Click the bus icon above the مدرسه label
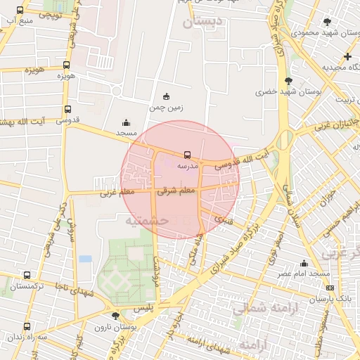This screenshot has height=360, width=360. (x=186, y=154)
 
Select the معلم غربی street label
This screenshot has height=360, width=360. (x=117, y=191)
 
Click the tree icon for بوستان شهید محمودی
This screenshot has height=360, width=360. (x=327, y=22)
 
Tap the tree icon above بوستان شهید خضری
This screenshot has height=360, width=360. (x=288, y=81)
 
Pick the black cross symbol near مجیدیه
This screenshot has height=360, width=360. (x=347, y=56)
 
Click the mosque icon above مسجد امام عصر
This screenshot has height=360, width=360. (x=304, y=263)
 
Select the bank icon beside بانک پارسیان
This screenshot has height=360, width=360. (x=330, y=288)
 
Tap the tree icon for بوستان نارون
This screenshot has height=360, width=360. (x=115, y=316)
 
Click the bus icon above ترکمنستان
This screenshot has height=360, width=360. (x=27, y=275)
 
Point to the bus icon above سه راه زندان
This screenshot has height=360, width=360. (x=27, y=326)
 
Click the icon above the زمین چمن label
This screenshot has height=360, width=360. (x=166, y=97)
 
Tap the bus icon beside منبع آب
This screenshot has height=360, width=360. (x=19, y=11)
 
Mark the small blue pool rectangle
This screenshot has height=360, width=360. (x=85, y=259)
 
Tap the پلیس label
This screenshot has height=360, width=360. (x=143, y=309)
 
